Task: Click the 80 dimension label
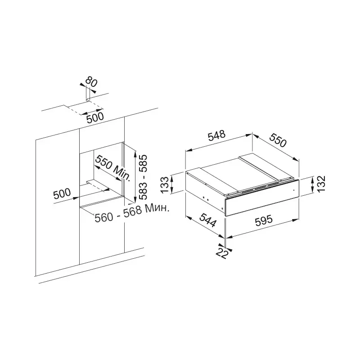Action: [91, 82]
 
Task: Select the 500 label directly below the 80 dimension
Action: [95, 117]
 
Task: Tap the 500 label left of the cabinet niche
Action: [62, 193]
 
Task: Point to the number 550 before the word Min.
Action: [103, 162]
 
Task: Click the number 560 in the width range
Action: [104, 217]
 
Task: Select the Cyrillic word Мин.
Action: [158, 208]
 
